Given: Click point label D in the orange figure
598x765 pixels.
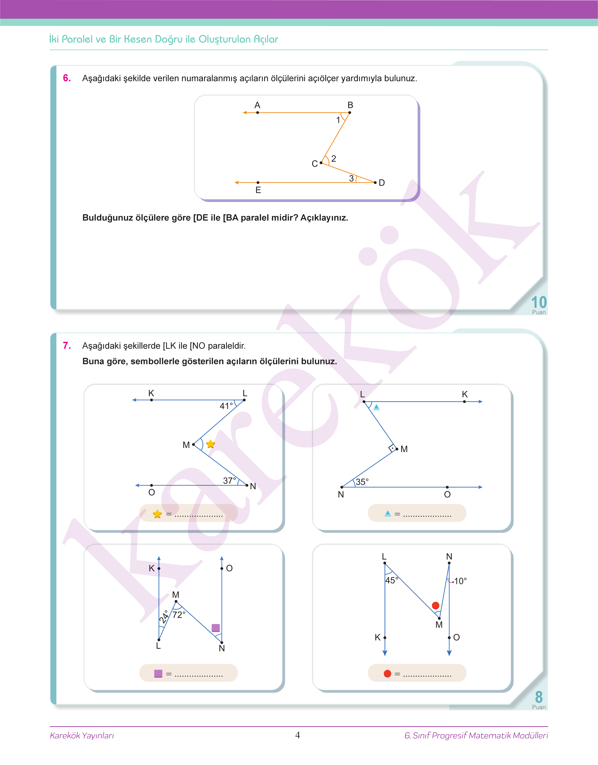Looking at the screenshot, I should (382, 183).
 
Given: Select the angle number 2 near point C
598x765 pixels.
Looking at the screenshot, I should (334, 159).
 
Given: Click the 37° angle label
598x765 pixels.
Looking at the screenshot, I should (229, 480).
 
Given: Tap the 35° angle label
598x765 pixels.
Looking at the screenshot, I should (362, 482).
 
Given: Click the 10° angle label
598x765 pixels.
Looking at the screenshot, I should (460, 581).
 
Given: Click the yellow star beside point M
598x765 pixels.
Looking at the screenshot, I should (210, 444).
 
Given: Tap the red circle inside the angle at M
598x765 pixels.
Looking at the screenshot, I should (436, 605).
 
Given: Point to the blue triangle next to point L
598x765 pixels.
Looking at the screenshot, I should (376, 407).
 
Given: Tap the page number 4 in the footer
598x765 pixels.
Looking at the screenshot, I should (298, 735).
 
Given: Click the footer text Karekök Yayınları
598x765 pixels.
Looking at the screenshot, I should (82, 735).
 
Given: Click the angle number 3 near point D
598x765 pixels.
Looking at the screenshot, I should (351, 178).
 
